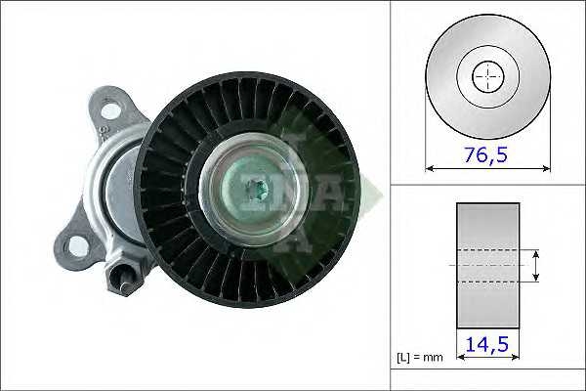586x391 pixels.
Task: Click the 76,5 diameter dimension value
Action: click(x=485, y=154)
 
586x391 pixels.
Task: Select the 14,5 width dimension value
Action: click(x=487, y=344)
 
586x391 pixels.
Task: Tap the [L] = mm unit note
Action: click(x=420, y=358)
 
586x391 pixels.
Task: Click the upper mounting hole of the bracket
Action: click(x=111, y=111)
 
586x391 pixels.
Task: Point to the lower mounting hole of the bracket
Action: click(x=77, y=246)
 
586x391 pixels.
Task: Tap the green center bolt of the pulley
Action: click(x=259, y=190)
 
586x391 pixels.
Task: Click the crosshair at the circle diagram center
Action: click(x=488, y=76)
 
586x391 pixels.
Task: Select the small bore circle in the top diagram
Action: click(x=488, y=76)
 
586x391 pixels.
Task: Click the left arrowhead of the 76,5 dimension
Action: click(x=430, y=169)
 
